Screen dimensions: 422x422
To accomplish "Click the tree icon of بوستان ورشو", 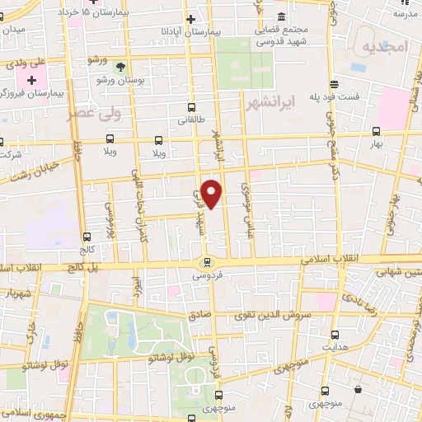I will (x=121, y=67).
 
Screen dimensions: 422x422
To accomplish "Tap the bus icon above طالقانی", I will (x=192, y=107).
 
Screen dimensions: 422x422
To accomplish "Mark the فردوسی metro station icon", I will (x=207, y=263).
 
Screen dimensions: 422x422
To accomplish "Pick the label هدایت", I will (x=335, y=348).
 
